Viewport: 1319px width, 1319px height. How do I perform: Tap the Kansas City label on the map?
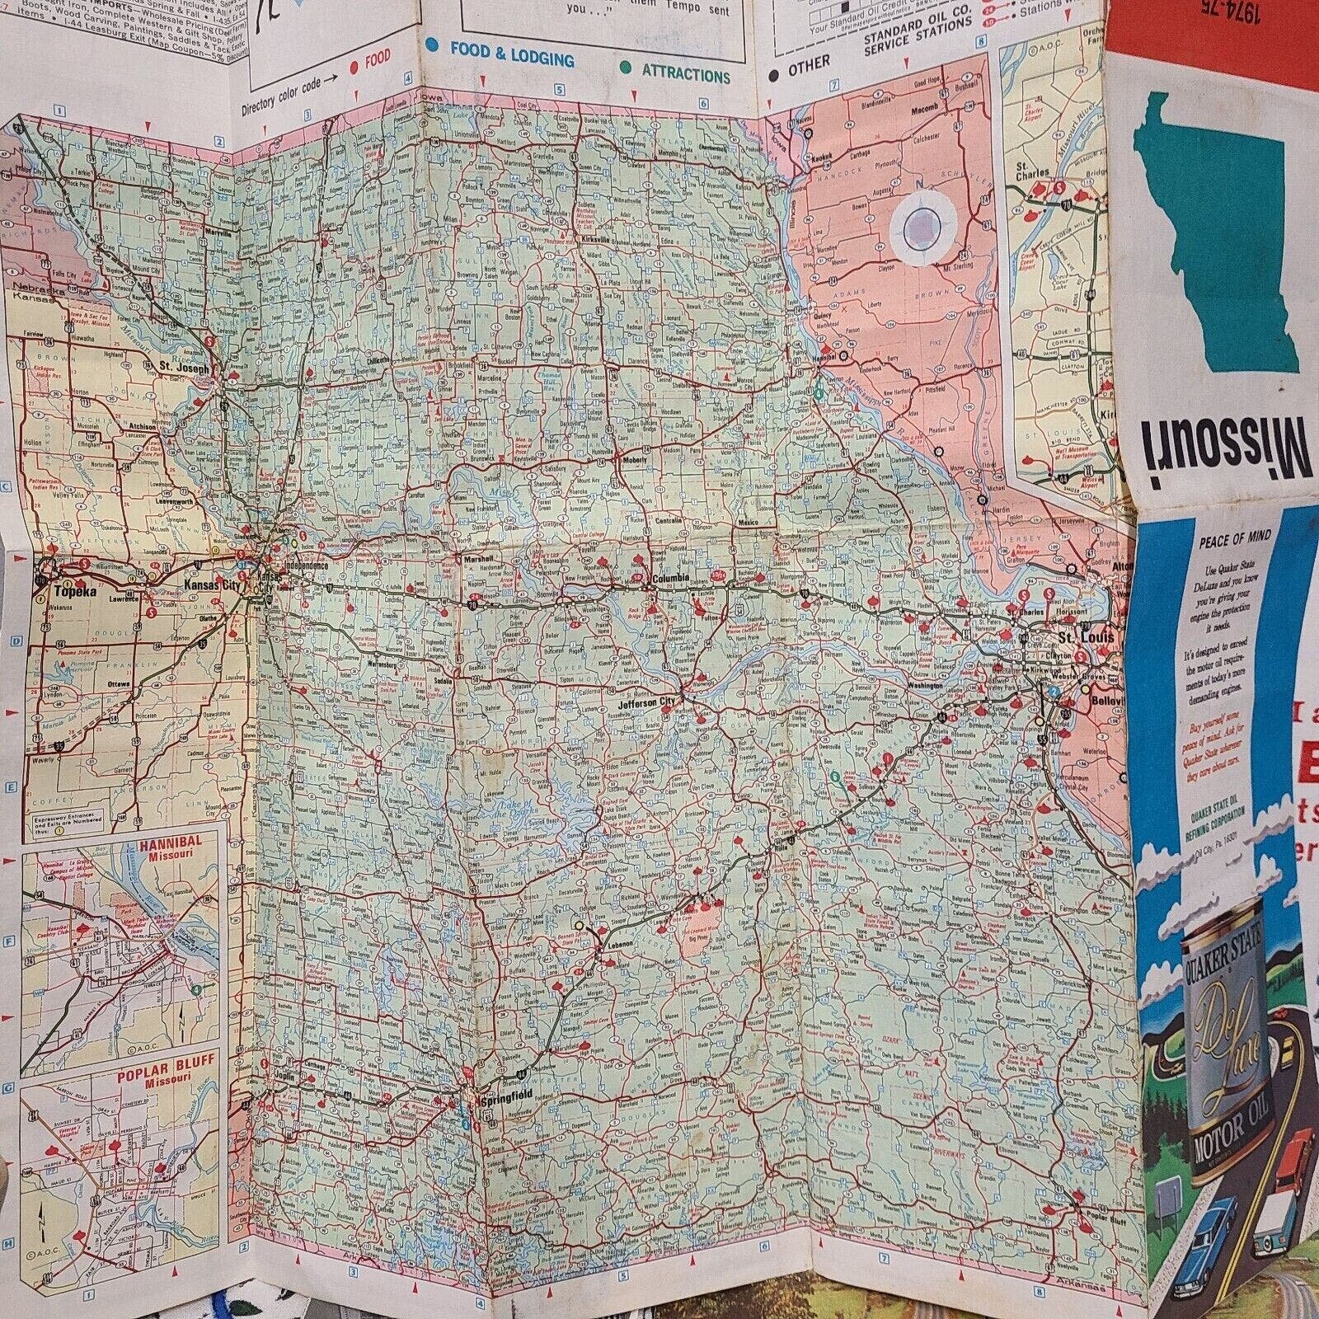point(209,584)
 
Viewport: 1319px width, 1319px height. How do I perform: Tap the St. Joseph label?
point(175,365)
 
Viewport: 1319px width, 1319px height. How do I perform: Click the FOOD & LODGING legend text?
point(511,59)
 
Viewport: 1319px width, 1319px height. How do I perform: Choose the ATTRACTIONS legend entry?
point(685,74)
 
